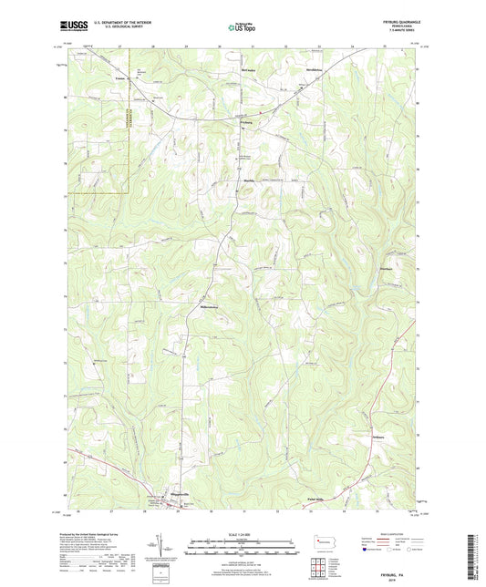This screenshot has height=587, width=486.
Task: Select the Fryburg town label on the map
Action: [x=246, y=121]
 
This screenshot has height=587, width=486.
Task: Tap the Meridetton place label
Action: [x=315, y=67]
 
